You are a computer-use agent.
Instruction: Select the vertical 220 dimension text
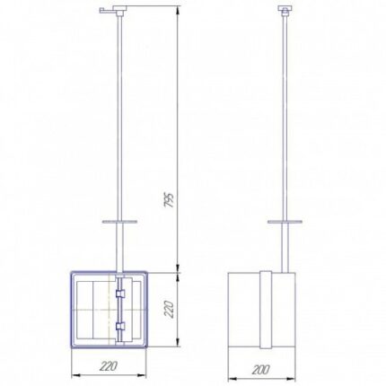[x=169, y=310]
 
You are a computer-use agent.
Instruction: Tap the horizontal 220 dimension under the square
[x=108, y=365]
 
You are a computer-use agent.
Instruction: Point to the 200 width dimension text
[x=260, y=370]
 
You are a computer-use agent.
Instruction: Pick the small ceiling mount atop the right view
[x=285, y=11]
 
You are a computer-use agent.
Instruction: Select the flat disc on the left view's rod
[x=119, y=222]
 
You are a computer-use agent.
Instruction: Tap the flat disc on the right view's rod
[x=285, y=222]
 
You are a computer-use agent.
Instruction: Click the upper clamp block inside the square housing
[x=120, y=294]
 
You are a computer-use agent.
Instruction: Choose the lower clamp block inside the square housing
[x=120, y=326]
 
